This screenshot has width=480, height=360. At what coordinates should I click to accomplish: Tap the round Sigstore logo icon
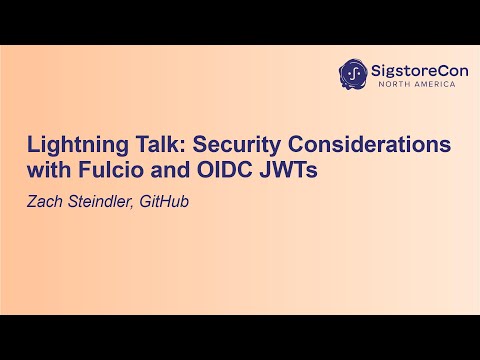[x=352, y=74]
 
